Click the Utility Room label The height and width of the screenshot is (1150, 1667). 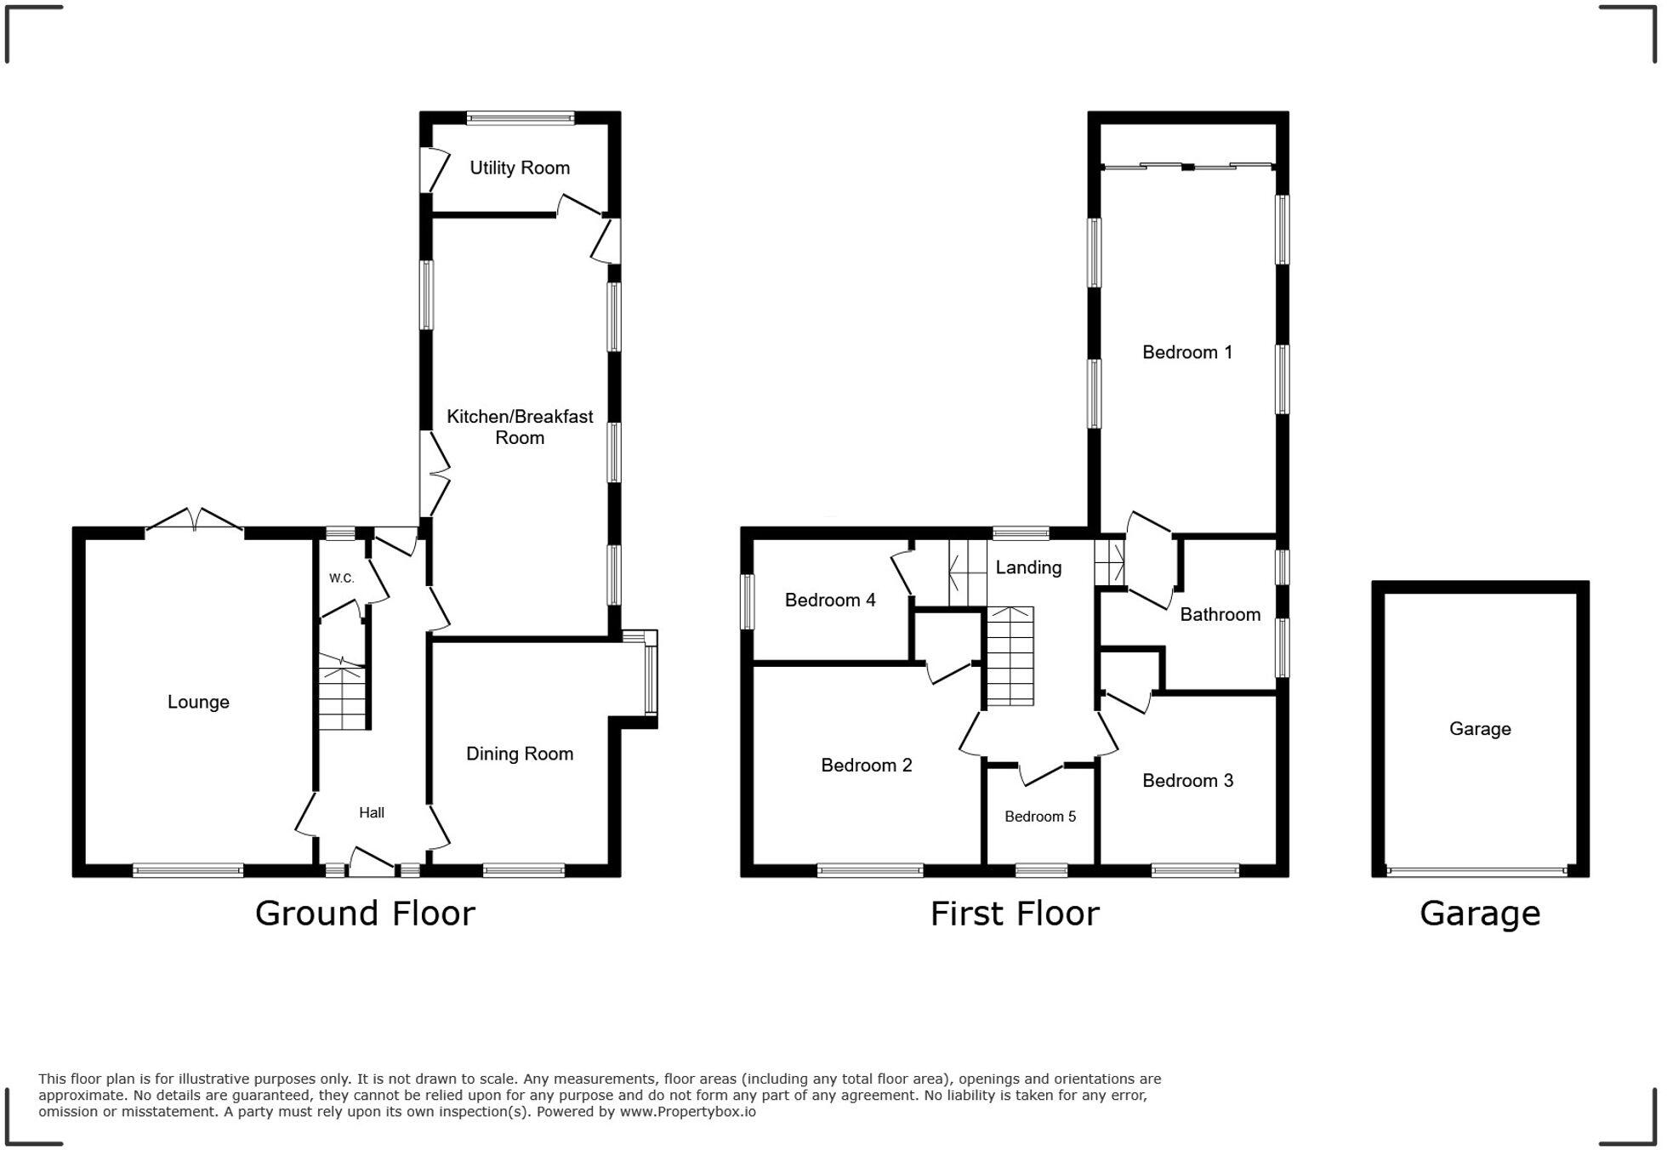pos(520,168)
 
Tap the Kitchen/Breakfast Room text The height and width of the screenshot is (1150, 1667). pos(520,427)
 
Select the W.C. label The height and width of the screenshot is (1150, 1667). pos(341,578)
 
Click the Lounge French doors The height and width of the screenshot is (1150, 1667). pos(195,521)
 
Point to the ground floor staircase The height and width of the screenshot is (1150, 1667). pos(343,695)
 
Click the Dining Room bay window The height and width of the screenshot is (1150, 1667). pos(651,679)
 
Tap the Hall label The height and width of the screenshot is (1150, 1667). pos(372,813)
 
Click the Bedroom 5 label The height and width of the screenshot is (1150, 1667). pos(1039,817)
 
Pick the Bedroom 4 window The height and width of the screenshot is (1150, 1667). pos(748,601)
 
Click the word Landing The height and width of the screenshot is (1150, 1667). pos(1028,567)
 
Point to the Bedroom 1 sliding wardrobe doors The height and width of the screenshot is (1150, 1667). pos(1187,166)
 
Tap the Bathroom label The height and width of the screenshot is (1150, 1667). pos(1220,615)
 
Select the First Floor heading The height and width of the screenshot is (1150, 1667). pos(1014,914)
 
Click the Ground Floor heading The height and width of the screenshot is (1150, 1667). pos(365,914)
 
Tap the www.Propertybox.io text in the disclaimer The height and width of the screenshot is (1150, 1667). pos(687,1112)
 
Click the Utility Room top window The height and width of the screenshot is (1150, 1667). pos(520,118)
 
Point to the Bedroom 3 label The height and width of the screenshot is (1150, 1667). pos(1187,781)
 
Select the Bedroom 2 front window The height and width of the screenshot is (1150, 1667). pos(870,870)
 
